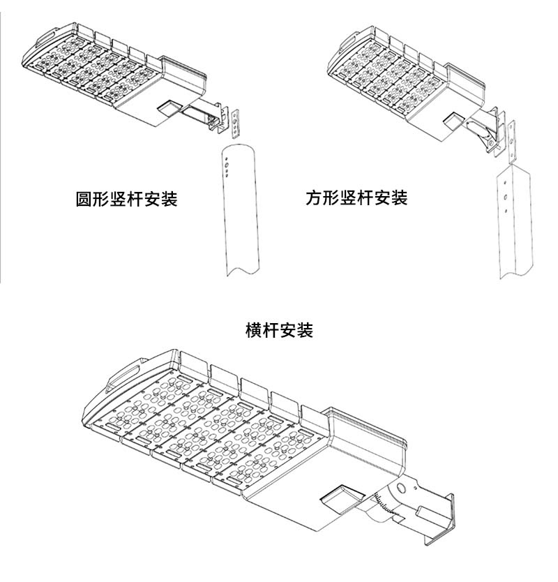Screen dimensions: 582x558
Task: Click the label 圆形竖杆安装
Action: pos(126,200)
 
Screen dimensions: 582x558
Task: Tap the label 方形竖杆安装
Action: pos(356,198)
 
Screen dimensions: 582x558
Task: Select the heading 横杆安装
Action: pos(280,329)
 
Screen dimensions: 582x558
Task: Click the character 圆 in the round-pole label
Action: pos(84,200)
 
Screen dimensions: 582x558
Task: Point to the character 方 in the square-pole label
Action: pos(314,198)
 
